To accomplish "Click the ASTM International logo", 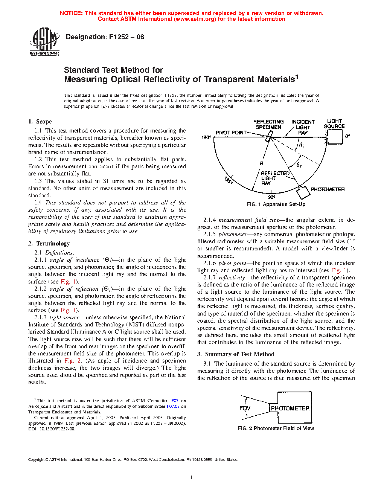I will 44,41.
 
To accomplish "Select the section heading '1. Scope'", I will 40,122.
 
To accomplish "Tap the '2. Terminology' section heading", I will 49,244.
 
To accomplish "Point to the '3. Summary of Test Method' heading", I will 236,354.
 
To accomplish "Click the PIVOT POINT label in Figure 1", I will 231,133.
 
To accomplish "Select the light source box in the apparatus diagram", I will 334,137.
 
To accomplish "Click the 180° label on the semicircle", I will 206,138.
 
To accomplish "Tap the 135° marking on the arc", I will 229,180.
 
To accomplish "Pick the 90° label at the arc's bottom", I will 271,197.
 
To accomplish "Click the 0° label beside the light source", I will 347,136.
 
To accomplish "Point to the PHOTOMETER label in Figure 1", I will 328,189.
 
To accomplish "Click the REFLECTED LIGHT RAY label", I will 275,178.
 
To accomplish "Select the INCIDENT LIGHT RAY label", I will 303,127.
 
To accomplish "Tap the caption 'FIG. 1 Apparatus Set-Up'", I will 276,204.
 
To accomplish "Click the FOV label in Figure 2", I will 245,408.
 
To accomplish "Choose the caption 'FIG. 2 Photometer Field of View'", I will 276,428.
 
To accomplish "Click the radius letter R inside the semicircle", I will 262,163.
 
